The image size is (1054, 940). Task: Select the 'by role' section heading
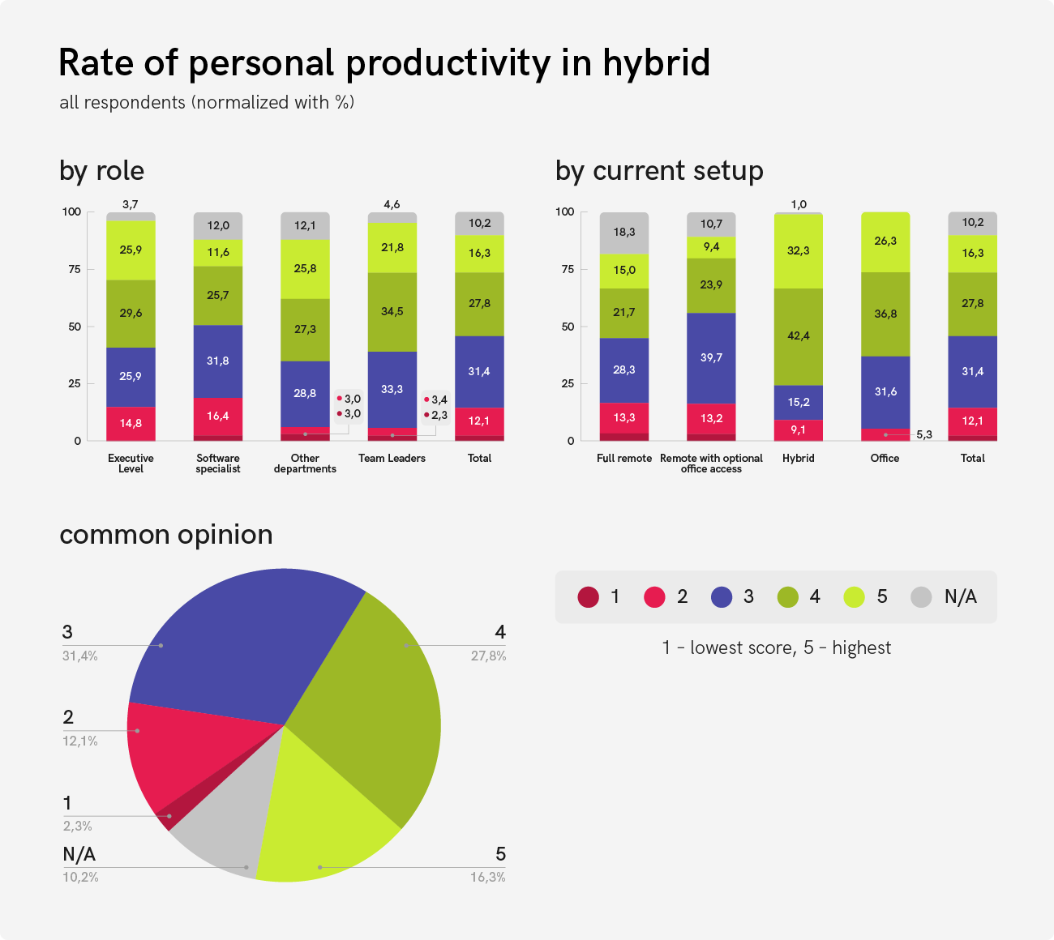tap(101, 171)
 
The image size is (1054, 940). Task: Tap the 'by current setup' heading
tap(659, 171)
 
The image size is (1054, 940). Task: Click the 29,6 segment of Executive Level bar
tap(131, 313)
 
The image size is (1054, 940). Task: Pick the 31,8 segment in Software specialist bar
tap(218, 361)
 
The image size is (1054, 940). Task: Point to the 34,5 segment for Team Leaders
tap(392, 311)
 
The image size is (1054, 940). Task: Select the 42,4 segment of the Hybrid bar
tap(799, 335)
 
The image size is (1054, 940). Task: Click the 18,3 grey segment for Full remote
tap(624, 233)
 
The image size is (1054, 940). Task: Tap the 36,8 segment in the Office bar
tap(885, 314)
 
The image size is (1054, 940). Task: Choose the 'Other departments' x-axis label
tap(305, 464)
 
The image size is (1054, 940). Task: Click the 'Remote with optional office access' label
tap(711, 464)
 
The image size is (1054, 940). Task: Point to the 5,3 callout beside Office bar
tap(924, 435)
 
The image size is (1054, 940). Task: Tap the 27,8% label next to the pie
tap(488, 656)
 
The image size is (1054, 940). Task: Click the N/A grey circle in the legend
tap(921, 597)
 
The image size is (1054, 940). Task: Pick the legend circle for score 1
tap(588, 597)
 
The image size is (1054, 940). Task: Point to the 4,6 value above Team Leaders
tap(392, 204)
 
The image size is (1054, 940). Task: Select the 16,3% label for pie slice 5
tap(487, 878)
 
